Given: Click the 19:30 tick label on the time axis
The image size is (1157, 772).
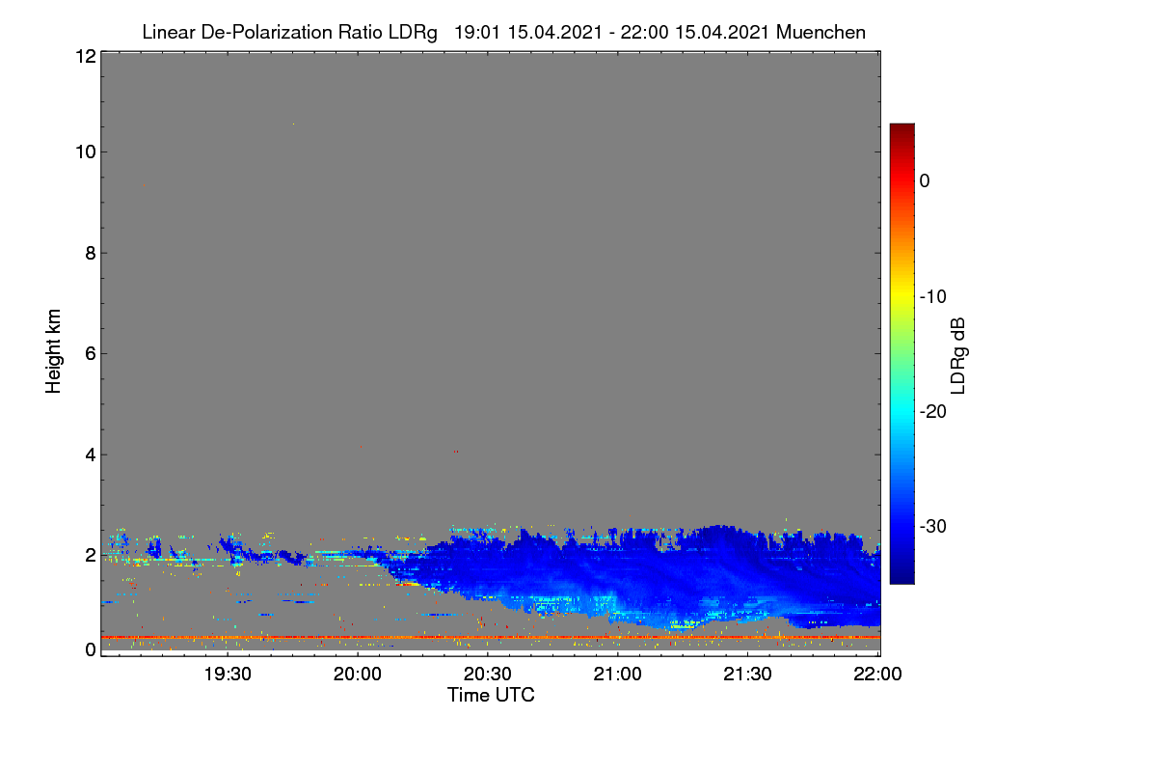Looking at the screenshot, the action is (x=228, y=674).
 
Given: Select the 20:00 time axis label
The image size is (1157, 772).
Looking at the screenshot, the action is (x=358, y=674).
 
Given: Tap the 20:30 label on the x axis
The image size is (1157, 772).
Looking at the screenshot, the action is (x=488, y=674).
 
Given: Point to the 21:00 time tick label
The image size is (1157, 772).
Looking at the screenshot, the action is (x=617, y=674).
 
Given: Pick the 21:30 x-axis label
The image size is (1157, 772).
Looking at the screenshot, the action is (x=747, y=674).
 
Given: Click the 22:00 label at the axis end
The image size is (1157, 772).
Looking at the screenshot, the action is (x=877, y=674).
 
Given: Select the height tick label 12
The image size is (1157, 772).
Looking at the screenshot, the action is (x=86, y=56).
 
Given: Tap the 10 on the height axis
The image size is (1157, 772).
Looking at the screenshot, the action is (x=86, y=152).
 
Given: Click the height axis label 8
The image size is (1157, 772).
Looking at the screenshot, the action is (x=91, y=253).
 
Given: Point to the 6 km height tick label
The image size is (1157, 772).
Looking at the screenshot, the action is (x=91, y=354).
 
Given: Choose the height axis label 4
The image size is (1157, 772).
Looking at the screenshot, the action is (x=91, y=455).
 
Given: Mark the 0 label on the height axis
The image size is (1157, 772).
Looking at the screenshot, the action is (x=91, y=649).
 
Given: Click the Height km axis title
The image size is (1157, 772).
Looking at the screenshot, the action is (x=53, y=351).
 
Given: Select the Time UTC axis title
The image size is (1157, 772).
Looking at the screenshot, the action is (x=491, y=695).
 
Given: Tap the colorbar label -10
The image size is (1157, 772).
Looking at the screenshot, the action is (x=933, y=297).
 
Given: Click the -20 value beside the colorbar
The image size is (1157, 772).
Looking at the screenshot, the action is (x=933, y=412).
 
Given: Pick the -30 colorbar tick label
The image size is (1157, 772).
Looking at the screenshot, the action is (x=933, y=526).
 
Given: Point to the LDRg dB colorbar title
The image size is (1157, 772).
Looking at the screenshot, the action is (x=958, y=356).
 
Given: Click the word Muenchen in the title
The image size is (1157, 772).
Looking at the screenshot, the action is (x=821, y=32).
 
